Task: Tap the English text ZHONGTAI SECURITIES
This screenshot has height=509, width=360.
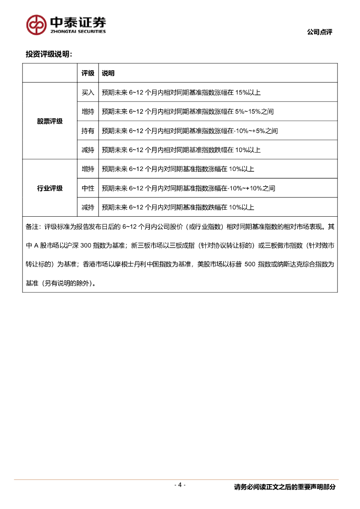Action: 77,31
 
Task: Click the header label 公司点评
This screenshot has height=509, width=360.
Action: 319,32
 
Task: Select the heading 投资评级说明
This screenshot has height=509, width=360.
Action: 49,54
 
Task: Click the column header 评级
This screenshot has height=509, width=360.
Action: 88,73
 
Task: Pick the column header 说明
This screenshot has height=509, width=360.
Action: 108,73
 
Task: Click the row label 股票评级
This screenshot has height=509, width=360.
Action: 50,121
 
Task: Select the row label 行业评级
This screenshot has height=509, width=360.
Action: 50,188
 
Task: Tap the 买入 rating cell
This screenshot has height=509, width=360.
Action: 88,92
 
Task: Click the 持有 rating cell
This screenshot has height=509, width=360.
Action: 88,131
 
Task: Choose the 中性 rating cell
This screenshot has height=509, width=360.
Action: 88,188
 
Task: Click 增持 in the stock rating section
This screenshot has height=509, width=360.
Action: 88,111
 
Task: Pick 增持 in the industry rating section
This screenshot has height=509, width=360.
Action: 88,169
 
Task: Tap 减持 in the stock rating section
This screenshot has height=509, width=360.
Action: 88,150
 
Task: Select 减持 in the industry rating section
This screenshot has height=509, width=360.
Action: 88,207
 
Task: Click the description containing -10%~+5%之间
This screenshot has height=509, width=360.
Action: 189,131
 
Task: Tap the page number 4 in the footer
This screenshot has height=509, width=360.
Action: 180,485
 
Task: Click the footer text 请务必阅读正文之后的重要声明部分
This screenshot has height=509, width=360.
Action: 284,487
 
